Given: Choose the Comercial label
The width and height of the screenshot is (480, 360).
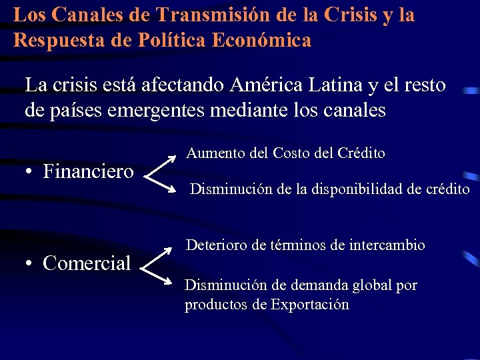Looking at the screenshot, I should click(87, 263).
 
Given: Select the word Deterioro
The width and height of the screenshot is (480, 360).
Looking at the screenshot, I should click(215, 245).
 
